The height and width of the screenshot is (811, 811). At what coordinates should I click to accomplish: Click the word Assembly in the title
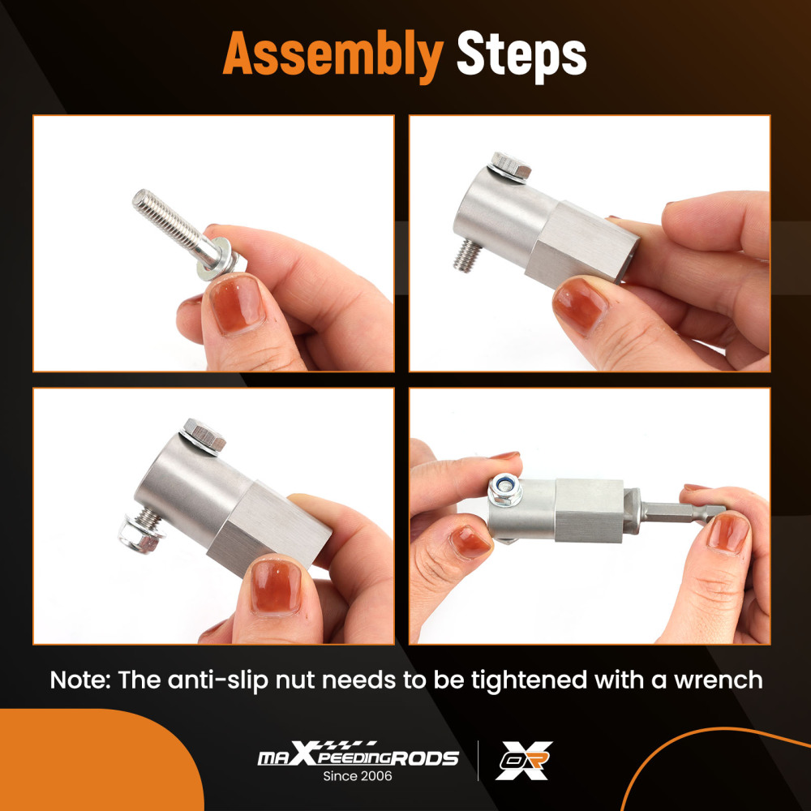click(333, 55)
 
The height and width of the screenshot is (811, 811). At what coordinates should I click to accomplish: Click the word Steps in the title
click(521, 55)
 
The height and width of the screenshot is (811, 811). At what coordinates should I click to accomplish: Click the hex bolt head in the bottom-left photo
click(204, 436)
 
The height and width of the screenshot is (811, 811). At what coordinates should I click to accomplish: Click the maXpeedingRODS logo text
click(358, 757)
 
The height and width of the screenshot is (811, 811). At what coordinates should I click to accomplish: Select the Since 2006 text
click(358, 776)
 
